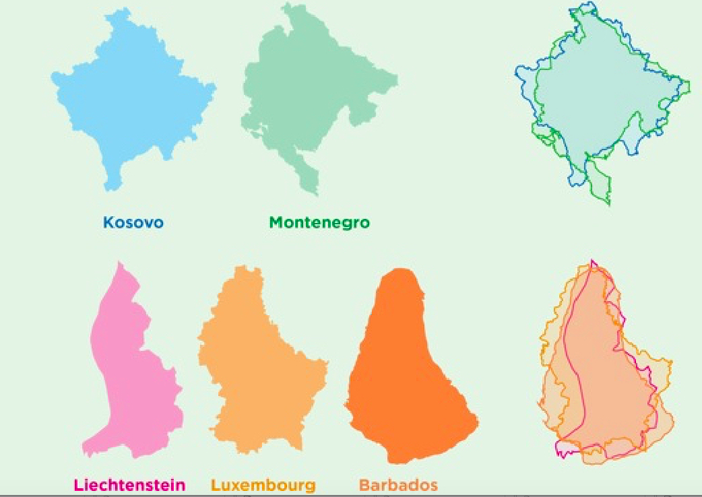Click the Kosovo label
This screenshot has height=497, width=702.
click(133, 222)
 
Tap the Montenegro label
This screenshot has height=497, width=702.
click(319, 222)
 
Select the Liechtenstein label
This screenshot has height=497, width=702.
click(129, 484)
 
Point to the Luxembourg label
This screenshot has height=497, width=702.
click(263, 484)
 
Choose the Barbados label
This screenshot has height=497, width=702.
click(398, 484)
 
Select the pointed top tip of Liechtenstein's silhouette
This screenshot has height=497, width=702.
click(120, 264)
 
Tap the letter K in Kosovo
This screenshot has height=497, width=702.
click(108, 222)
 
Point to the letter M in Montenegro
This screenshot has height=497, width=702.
click(276, 222)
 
